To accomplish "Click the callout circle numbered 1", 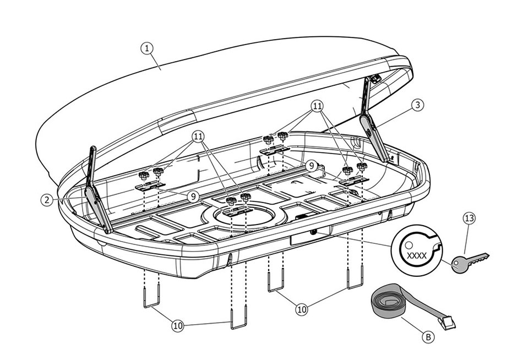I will click(146, 48).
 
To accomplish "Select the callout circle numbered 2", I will click(47, 200).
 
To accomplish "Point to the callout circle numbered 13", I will click(468, 219).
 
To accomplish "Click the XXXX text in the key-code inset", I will click(416, 255).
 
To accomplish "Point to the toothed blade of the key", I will click(479, 256).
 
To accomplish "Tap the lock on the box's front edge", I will click(314, 234).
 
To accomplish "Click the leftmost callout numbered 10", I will click(177, 326).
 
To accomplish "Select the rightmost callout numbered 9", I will click(312, 165).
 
